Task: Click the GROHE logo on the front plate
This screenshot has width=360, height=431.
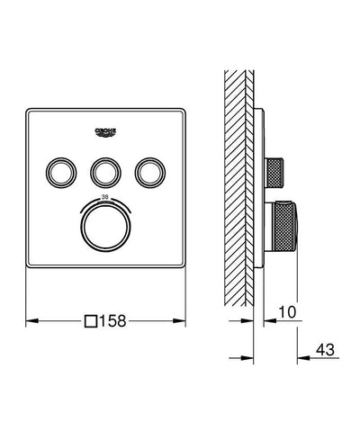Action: point(106,132)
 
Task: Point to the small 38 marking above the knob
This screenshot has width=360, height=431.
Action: point(106,195)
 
